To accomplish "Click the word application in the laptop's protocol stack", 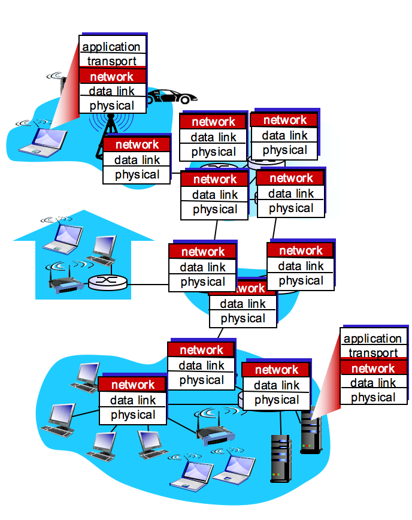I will (x=112, y=47).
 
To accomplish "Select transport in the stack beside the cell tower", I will (x=112, y=61).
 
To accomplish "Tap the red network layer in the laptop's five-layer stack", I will (x=112, y=76).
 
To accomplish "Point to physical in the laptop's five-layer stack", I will (x=112, y=106).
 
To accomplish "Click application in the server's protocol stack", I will (x=372, y=338).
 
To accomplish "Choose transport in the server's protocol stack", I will (x=372, y=353).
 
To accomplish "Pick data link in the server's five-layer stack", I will (x=372, y=383).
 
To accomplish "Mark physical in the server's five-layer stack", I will (x=372, y=397).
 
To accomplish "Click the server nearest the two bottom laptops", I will (x=280, y=458).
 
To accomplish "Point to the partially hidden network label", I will (x=247, y=288).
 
